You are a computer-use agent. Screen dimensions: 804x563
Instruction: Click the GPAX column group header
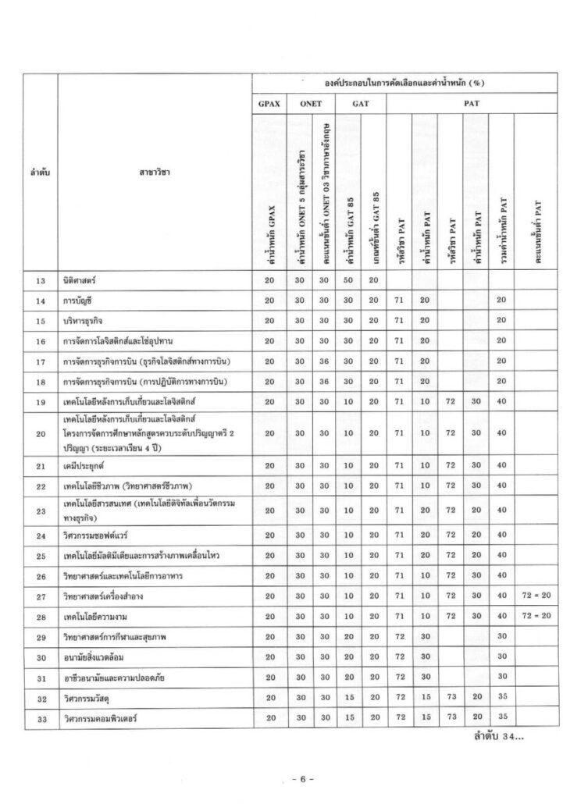click(269, 102)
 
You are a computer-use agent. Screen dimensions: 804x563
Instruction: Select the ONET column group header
click(309, 102)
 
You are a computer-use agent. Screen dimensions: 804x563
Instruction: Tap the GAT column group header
click(361, 102)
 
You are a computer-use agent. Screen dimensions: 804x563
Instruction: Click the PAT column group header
click(471, 102)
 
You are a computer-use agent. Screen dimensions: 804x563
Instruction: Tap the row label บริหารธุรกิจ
click(87, 320)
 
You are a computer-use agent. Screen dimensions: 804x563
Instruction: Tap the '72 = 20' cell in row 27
click(537, 596)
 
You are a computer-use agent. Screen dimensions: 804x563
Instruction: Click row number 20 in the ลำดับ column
click(41, 432)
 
